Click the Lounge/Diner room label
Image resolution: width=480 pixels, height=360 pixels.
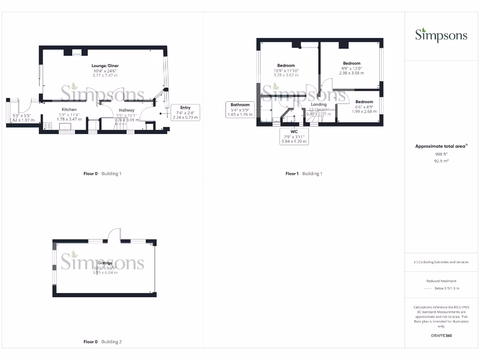click(105, 65)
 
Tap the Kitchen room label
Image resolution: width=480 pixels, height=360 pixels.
click(69, 110)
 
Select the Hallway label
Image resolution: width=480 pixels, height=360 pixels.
click(126, 110)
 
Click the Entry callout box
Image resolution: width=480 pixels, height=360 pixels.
click(185, 112)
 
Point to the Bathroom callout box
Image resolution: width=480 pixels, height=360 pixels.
click(240, 109)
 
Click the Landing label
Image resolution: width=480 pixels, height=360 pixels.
click(319, 105)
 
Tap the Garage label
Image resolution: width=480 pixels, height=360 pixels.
click(105, 263)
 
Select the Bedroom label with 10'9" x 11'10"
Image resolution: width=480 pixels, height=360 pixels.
click(286, 65)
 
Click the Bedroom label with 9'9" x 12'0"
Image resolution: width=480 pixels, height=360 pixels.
click(352, 63)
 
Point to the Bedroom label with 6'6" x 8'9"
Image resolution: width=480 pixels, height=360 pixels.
click(364, 102)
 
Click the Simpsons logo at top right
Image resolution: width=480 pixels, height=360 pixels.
click(441, 35)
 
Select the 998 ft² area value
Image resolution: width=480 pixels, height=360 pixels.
click(441, 154)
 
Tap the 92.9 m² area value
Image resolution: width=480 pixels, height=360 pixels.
click(441, 161)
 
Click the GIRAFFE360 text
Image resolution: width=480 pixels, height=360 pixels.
click(441, 336)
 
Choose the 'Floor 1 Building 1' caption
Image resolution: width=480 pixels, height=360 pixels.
click(304, 173)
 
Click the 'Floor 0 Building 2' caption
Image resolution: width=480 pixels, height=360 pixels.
click(102, 342)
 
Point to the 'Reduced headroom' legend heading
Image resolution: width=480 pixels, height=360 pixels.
click(441, 281)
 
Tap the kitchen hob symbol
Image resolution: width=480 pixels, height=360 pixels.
click(47, 126)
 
